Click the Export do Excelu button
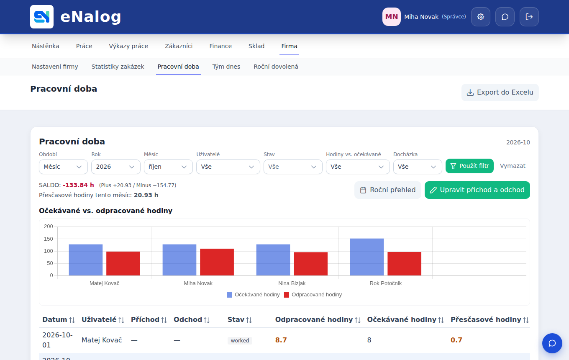[x=500, y=92]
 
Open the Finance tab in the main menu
[x=220, y=46]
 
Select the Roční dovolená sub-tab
[x=276, y=67]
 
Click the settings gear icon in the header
[x=481, y=17]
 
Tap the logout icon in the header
[x=529, y=17]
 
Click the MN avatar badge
[x=392, y=17]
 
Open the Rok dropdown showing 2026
[x=116, y=167]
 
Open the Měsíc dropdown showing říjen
[x=168, y=167]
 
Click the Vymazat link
[x=513, y=166]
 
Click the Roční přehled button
[x=387, y=190]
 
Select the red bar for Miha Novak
[x=217, y=262]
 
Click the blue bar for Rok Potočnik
[x=367, y=257]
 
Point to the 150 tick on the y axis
[x=48, y=239]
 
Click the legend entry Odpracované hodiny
[x=313, y=295]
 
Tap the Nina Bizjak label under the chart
[x=292, y=283]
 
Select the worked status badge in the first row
[x=240, y=340]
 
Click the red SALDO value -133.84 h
[x=78, y=185]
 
